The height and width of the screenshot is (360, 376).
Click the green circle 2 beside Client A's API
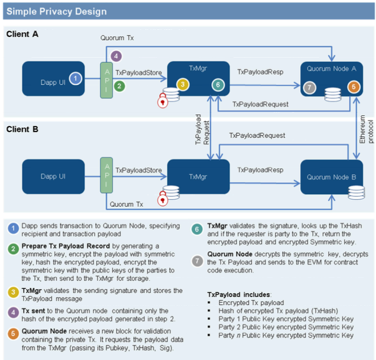click(x=119, y=86)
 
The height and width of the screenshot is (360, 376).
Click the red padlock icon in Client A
click(x=162, y=101)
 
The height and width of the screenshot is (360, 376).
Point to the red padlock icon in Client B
click(x=163, y=199)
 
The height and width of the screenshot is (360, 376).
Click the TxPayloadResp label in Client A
click(x=260, y=72)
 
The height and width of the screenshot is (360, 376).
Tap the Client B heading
click(x=22, y=129)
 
